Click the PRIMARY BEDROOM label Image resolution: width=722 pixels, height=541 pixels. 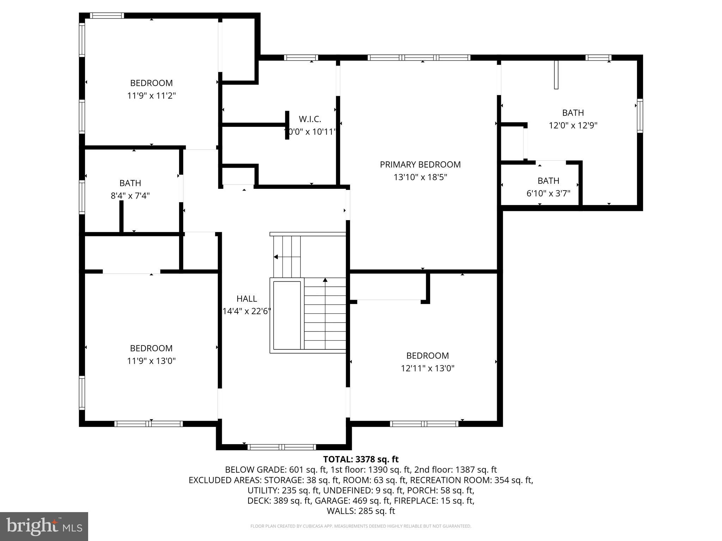tap(420, 164)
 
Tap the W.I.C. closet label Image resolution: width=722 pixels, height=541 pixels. tap(310, 119)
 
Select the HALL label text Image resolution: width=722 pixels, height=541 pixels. tap(246, 299)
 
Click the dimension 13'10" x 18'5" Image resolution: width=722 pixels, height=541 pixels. tap(420, 177)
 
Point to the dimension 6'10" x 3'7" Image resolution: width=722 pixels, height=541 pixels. tap(548, 193)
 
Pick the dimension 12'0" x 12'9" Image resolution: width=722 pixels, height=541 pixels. tap(573, 125)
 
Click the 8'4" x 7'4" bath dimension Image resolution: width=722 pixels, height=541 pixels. tap(130, 196)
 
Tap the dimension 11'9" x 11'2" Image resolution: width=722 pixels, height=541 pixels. tap(151, 96)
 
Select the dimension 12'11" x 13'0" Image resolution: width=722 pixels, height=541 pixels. tap(427, 368)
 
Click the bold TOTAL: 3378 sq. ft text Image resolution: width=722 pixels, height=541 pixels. tap(361, 459)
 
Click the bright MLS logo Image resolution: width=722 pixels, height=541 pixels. tap(44, 526)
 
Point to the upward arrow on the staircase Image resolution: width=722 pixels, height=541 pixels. tap(325, 280)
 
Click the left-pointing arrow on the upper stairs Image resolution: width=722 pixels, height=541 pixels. tap(276, 257)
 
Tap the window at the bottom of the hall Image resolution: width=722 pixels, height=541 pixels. tap(281, 447)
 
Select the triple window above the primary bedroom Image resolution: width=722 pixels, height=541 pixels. tap(419, 57)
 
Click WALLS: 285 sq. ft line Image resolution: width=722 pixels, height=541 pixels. tap(361, 511)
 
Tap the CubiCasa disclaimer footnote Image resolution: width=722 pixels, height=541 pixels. tap(361, 526)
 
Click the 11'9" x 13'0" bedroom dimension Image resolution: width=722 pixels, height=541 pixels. tap(151, 361)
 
